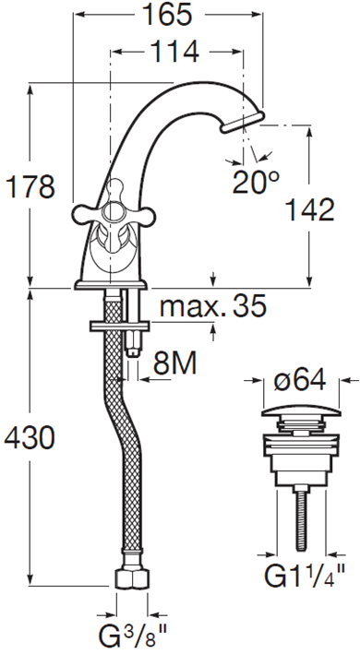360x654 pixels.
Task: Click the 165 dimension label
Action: (167, 15)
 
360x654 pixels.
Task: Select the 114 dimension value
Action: (174, 52)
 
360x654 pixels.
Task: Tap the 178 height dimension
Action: (30, 187)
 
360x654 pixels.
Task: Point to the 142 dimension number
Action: (309, 209)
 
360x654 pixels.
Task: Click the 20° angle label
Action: (256, 182)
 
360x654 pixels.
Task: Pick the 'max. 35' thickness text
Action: (212, 306)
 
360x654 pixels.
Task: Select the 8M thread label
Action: (175, 363)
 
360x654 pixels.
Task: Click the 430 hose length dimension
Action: (30, 437)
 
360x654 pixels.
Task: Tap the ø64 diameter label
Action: (299, 380)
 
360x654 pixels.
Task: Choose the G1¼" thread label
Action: (305, 576)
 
